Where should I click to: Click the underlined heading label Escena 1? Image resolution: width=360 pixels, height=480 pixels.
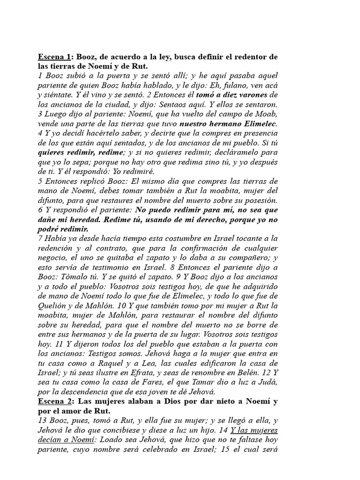pos(53,57)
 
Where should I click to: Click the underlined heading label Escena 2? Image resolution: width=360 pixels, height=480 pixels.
pos(53,402)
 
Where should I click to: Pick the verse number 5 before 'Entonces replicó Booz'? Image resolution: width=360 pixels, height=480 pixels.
pos(40,181)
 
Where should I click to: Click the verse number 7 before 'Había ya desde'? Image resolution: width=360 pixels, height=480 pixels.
pos(40,239)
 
